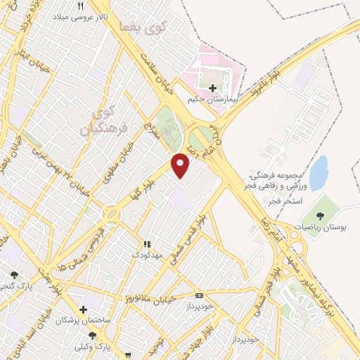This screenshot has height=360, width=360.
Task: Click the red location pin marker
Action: pyautogui.click(x=181, y=165)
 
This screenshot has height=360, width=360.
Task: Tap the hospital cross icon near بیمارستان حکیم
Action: pyautogui.click(x=213, y=89)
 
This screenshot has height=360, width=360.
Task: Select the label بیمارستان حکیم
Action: pyautogui.click(x=213, y=100)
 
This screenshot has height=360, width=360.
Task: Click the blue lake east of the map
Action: pyautogui.click(x=319, y=173)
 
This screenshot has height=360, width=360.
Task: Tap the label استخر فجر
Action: pyautogui.click(x=283, y=200)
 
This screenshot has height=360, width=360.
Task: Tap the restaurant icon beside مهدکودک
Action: pyautogui.click(x=147, y=244)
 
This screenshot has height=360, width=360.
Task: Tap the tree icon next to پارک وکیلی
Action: pyautogui.click(x=92, y=335)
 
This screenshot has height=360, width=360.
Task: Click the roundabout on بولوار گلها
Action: pyautogui.click(x=111, y=214)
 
